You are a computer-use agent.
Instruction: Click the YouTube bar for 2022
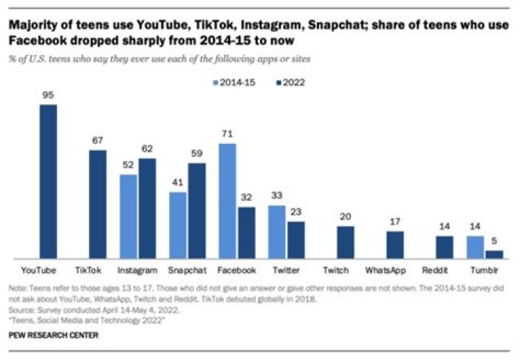tap(48, 181)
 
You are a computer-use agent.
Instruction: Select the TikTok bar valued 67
tap(97, 204)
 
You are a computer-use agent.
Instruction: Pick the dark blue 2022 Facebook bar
tap(246, 232)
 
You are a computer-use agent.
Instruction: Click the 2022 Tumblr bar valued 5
tap(494, 254)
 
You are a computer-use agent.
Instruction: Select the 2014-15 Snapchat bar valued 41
tap(178, 225)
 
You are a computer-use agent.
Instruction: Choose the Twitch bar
tap(345, 241)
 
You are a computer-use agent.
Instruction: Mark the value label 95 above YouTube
tap(48, 95)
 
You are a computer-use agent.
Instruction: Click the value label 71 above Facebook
tap(227, 134)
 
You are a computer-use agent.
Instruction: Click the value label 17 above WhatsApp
tap(394, 223)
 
